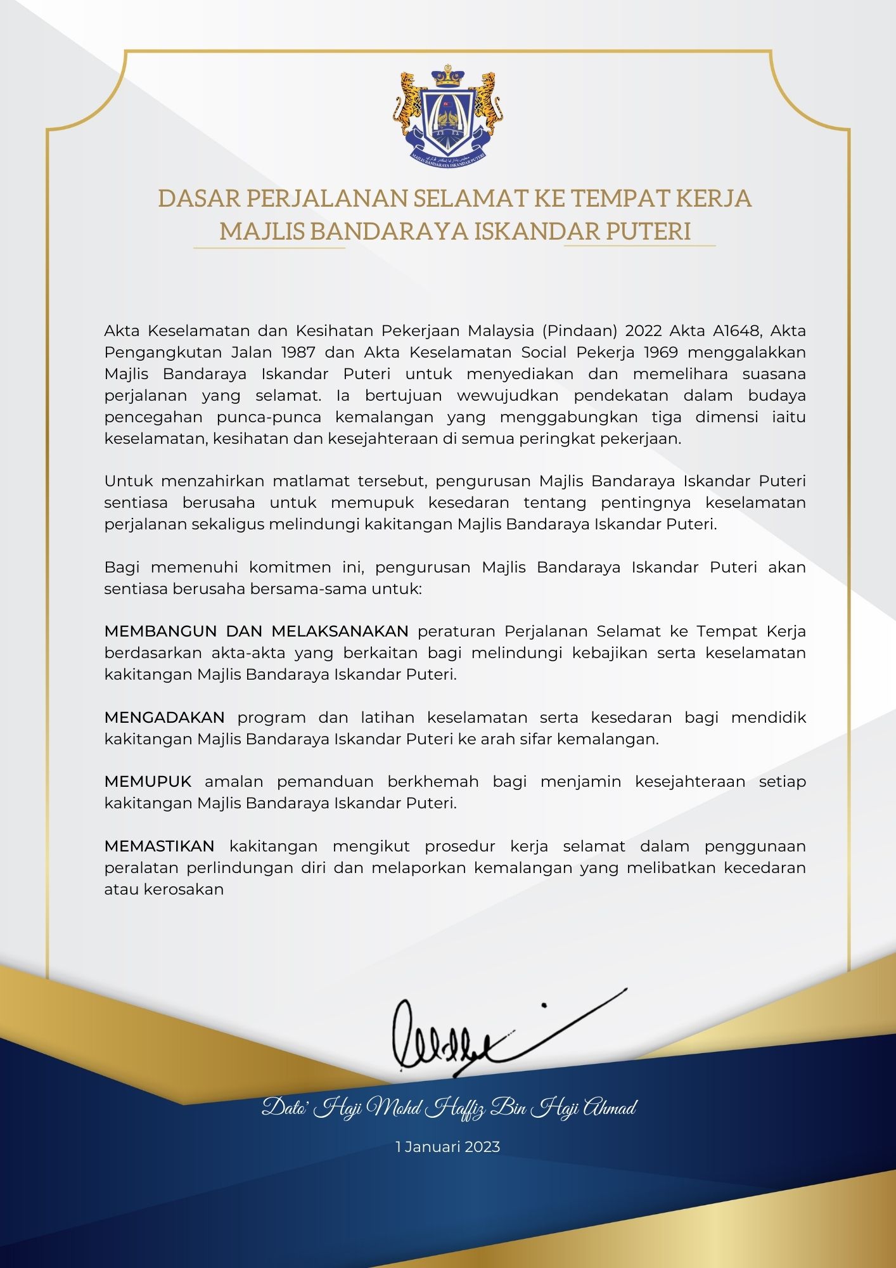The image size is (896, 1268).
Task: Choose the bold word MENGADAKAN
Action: (165, 718)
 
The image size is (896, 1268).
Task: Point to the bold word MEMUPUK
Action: (148, 782)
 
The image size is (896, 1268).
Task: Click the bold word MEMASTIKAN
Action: (160, 846)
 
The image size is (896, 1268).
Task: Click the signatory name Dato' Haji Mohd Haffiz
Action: (449, 1108)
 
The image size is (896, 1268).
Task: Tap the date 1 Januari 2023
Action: (448, 1147)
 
